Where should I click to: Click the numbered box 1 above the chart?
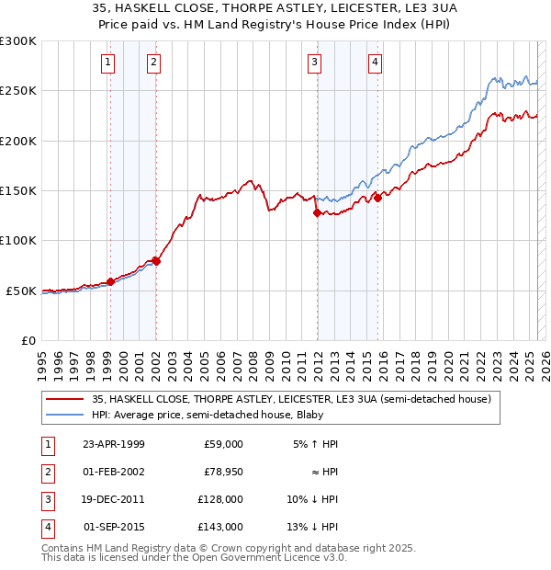click(x=108, y=63)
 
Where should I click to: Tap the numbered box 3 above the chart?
click(x=315, y=63)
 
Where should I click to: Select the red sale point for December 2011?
click(x=317, y=212)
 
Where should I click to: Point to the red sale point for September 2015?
click(x=377, y=198)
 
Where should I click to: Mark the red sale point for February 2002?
click(x=156, y=261)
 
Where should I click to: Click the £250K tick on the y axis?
click(x=18, y=91)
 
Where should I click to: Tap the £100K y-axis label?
click(x=18, y=240)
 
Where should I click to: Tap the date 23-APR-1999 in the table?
click(x=114, y=444)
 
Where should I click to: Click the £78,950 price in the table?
click(x=220, y=472)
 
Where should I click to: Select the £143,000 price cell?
click(x=220, y=528)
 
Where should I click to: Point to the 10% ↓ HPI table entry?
click(x=313, y=500)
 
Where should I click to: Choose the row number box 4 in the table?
click(x=46, y=528)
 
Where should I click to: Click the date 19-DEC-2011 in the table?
click(x=113, y=500)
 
